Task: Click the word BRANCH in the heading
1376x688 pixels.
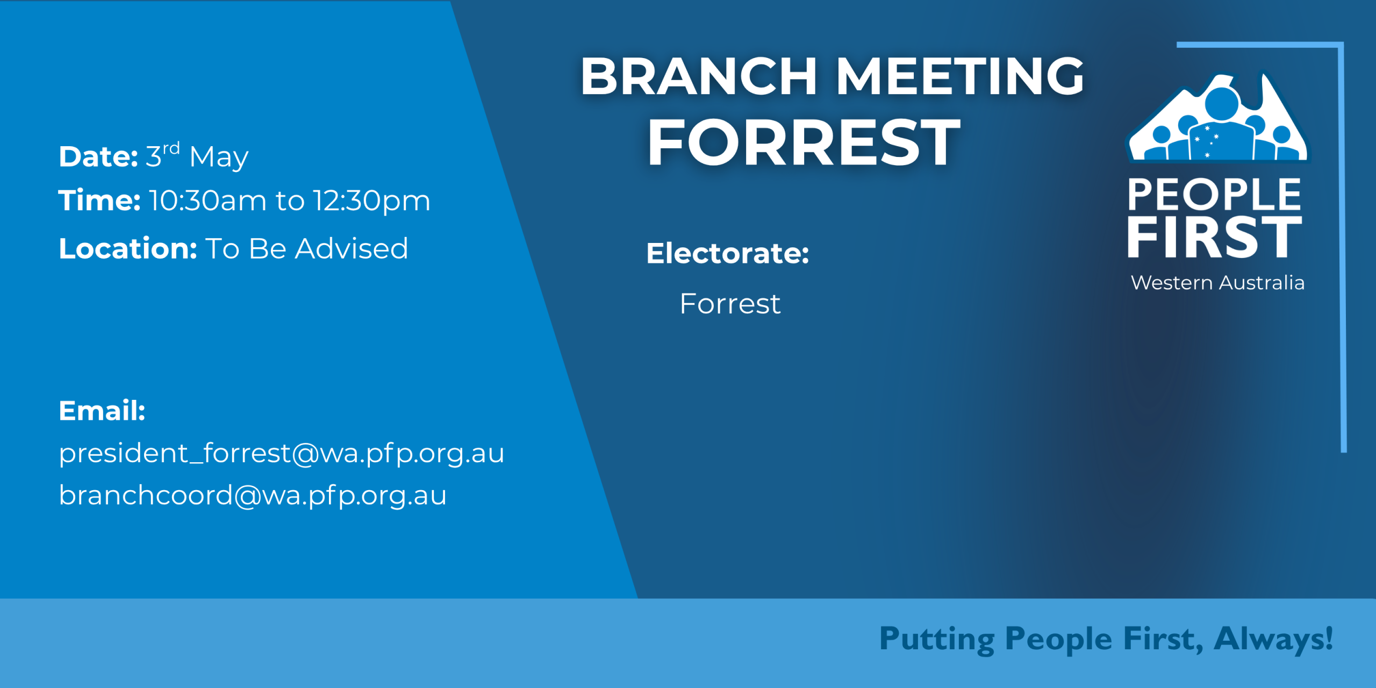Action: (x=699, y=76)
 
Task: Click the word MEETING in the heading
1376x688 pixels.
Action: (x=961, y=76)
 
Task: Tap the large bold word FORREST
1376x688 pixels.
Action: (x=804, y=142)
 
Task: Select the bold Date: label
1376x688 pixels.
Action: (x=98, y=156)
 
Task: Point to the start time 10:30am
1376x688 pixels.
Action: (x=207, y=200)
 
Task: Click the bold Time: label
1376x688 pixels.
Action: (x=99, y=200)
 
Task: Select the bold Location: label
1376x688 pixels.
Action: (x=128, y=248)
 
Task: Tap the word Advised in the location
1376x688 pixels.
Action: (x=352, y=248)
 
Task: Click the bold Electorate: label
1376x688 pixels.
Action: (x=728, y=253)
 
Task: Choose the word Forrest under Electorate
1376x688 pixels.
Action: (x=730, y=304)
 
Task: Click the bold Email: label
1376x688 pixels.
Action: (x=102, y=411)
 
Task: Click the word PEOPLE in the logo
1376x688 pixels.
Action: (x=1214, y=195)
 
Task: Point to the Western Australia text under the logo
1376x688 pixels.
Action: (x=1217, y=283)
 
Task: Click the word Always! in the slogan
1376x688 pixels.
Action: (x=1273, y=640)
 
